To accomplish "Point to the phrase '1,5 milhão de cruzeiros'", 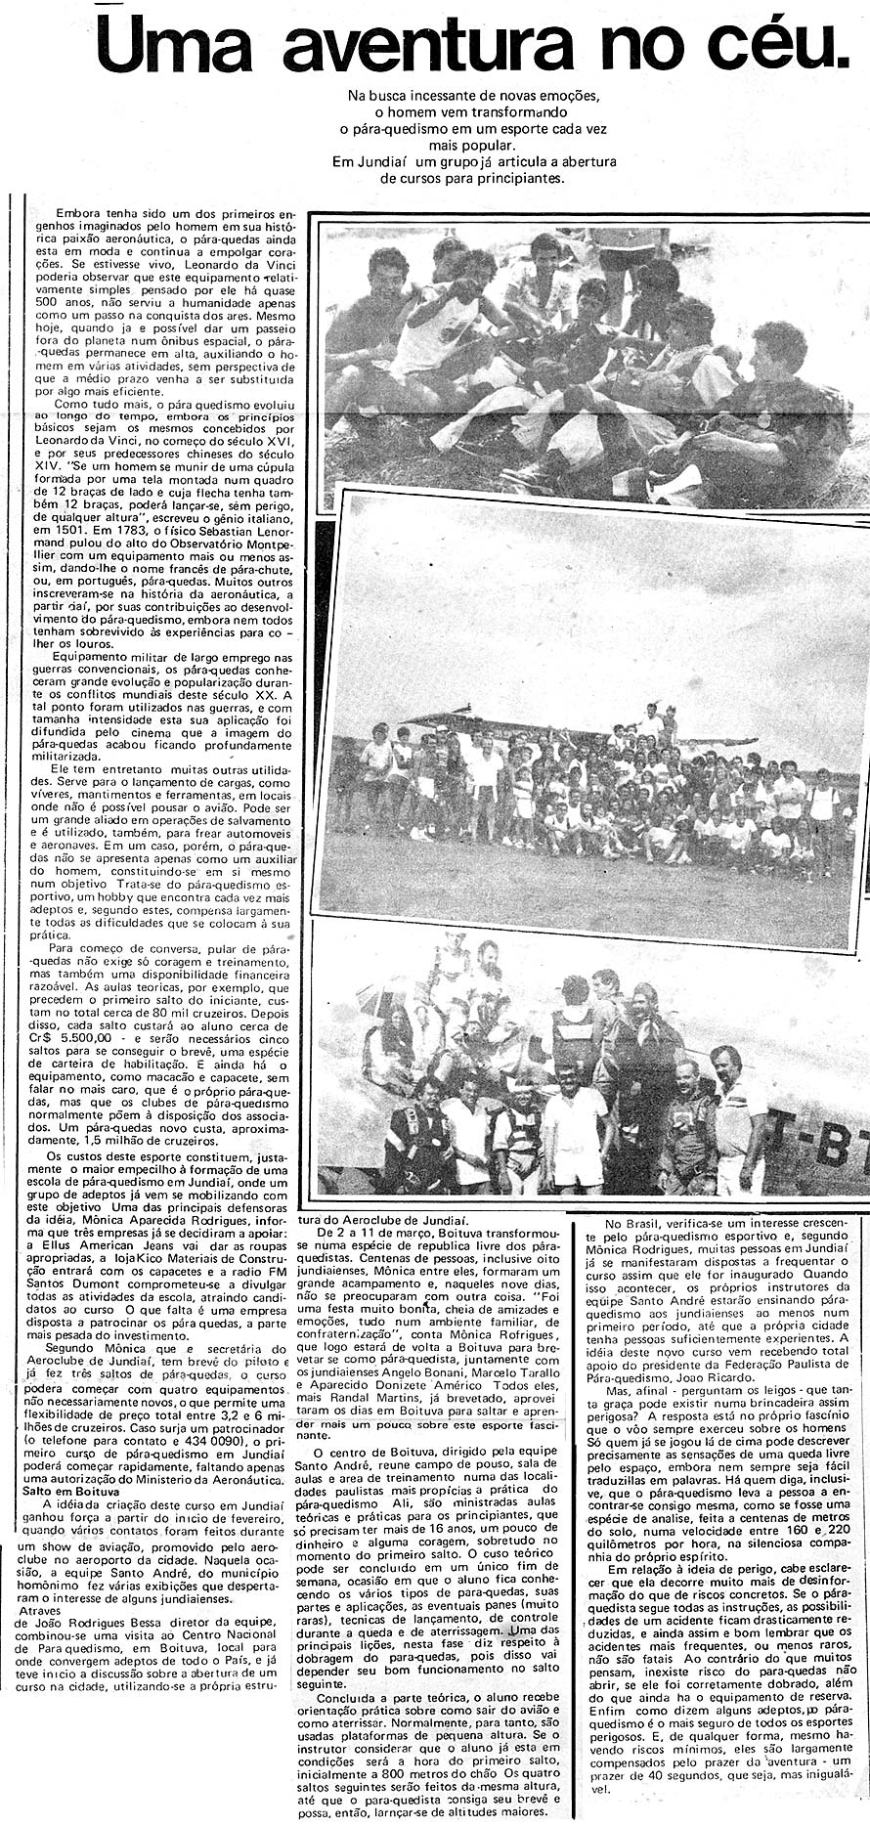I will click(91, 1140).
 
